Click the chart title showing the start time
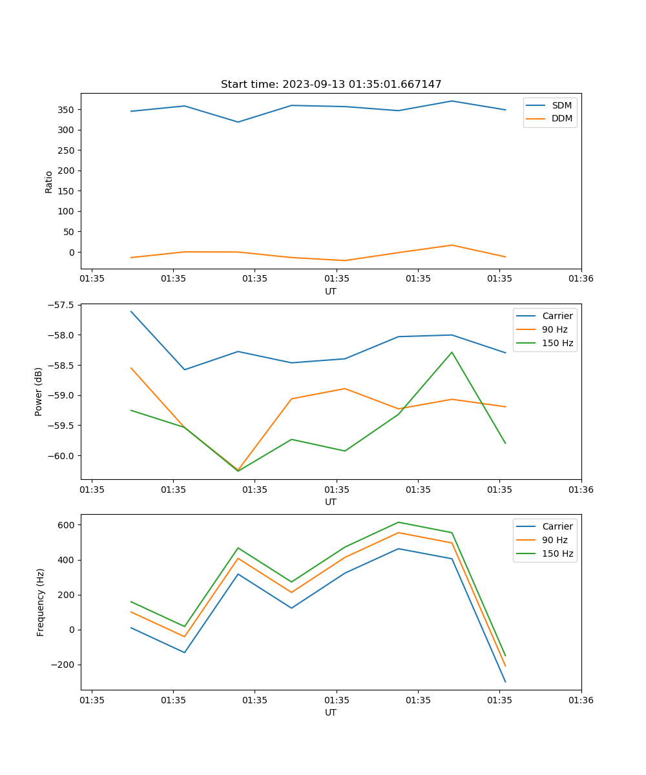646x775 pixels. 331,85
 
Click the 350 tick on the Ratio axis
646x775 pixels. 67,110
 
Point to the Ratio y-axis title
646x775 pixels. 49,181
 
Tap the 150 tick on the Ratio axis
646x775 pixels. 67,191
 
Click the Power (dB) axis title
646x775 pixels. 39,391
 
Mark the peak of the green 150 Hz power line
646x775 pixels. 452,352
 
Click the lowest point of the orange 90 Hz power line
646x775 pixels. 238,470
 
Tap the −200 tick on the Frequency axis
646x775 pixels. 64,665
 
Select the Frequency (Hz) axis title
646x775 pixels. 41,602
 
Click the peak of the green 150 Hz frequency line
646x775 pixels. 398,522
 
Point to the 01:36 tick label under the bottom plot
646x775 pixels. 581,700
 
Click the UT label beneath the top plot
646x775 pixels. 331,291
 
